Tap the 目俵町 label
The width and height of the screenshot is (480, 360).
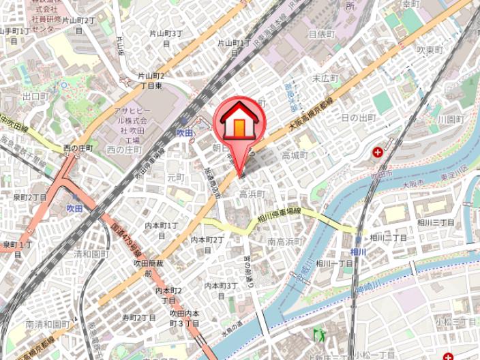[x=321, y=33]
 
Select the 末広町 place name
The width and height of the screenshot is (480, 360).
[x=325, y=78]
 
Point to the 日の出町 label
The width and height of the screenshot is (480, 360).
[x=359, y=118]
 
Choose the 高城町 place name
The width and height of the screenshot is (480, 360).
[x=295, y=155]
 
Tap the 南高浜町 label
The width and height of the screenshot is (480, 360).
[x=285, y=241]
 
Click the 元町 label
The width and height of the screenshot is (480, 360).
[x=176, y=177]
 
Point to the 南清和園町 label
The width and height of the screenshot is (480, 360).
[x=48, y=325]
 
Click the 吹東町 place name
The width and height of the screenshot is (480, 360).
[x=430, y=50]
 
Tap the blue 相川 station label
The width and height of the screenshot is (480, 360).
[x=359, y=252]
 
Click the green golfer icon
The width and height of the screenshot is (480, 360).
[x=320, y=334]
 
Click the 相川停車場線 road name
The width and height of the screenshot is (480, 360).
[x=280, y=215]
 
